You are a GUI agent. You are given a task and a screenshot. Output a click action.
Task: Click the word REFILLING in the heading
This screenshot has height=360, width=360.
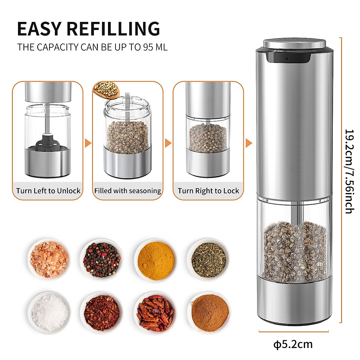pyautogui.click(x=113, y=29)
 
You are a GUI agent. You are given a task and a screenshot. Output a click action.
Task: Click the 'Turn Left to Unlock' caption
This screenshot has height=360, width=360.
pyautogui.click(x=48, y=191)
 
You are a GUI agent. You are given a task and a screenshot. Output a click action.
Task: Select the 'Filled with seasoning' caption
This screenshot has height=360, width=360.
pyautogui.click(x=127, y=191)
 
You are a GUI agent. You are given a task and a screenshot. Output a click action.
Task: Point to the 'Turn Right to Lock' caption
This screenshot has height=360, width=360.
pyautogui.click(x=208, y=191)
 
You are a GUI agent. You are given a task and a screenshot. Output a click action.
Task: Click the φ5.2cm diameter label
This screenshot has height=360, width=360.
pyautogui.click(x=293, y=344)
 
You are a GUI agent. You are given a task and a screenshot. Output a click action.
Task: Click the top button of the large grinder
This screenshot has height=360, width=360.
pyautogui.click(x=294, y=44)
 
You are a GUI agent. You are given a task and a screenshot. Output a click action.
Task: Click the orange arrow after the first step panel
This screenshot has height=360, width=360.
pyautogui.click(x=88, y=143)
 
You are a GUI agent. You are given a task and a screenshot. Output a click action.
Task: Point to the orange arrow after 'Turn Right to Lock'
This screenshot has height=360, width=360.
pyautogui.click(x=248, y=143)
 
